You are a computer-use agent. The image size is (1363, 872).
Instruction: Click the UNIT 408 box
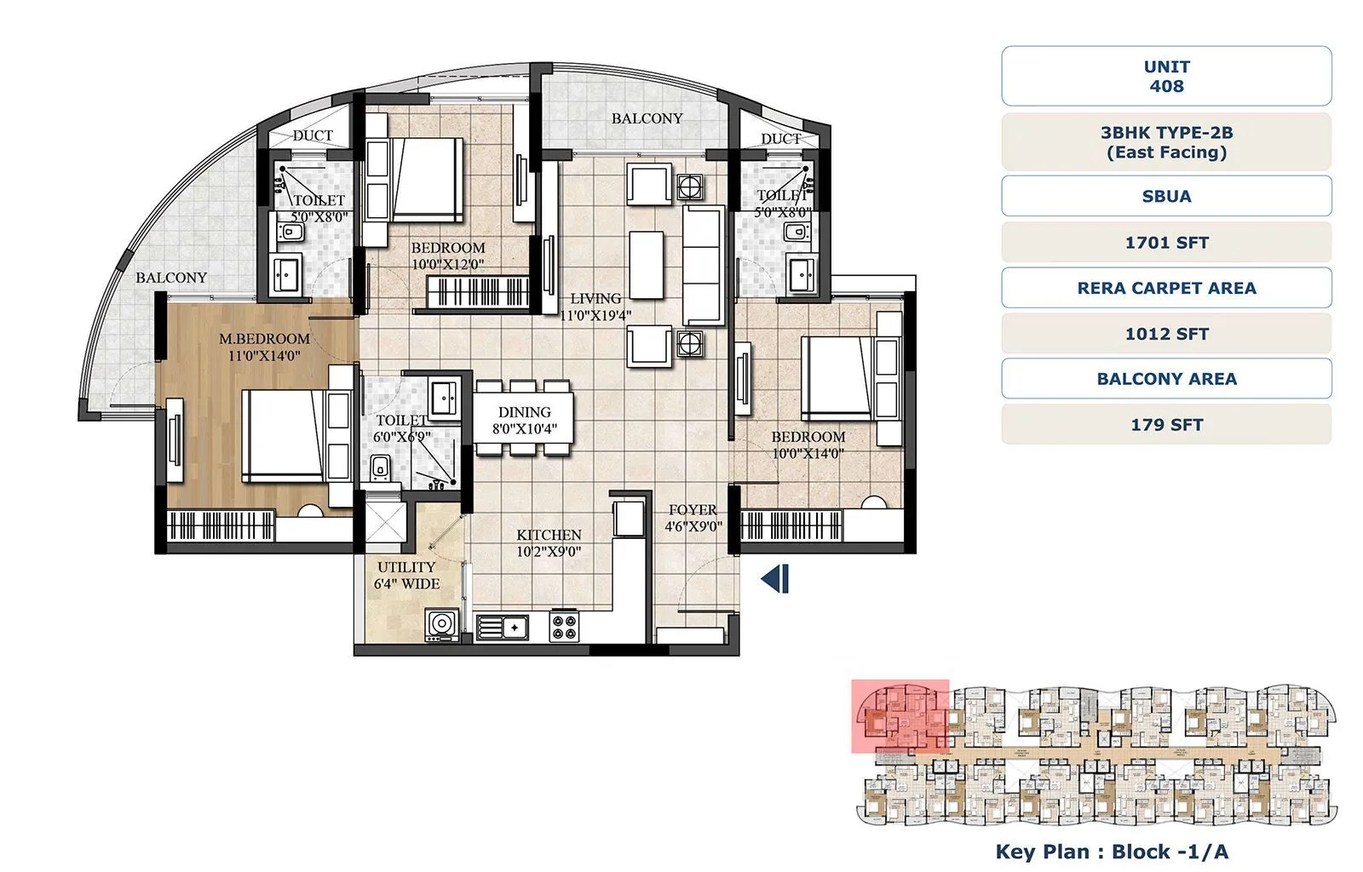[x=1165, y=76]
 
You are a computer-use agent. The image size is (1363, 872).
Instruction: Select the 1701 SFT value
[x=1165, y=243]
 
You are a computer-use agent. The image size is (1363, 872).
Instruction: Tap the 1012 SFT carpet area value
[x=1165, y=334]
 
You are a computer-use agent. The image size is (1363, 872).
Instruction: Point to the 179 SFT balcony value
[x=1165, y=424]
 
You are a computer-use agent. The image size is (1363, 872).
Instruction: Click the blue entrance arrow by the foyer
[x=775, y=579]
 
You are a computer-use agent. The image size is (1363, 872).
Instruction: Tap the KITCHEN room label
[x=549, y=535]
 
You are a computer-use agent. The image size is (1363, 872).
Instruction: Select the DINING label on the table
[x=524, y=412]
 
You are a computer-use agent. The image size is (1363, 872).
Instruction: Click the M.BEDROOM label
[x=264, y=339]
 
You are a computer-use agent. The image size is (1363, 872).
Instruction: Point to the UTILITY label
[x=406, y=567]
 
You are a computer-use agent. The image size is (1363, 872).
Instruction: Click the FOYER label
[x=693, y=510]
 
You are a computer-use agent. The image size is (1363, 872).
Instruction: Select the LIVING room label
[x=595, y=299]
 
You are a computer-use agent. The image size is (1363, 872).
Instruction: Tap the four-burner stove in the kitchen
[x=564, y=627]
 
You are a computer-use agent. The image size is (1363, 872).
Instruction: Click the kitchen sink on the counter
[x=503, y=628]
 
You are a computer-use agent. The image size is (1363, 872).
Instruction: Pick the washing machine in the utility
[x=441, y=625]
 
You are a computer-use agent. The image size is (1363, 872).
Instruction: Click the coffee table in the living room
[x=647, y=264]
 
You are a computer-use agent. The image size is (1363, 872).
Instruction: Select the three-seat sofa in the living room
[x=704, y=264]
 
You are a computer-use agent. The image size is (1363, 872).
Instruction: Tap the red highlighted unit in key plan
[x=900, y=716]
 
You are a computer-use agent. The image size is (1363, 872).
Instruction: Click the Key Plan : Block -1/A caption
[x=1111, y=852]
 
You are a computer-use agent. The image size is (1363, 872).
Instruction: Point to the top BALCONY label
[x=647, y=118]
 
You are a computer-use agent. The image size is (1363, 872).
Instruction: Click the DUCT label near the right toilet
[x=780, y=139]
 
